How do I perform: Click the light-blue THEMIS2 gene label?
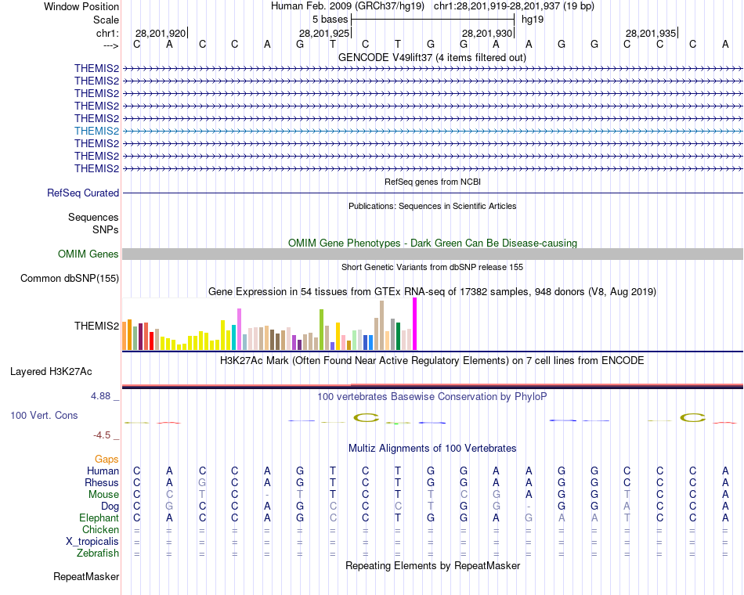click(96, 131)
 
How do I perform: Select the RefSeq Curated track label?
click(83, 193)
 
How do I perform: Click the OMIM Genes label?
click(88, 254)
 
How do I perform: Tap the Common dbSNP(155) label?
click(70, 278)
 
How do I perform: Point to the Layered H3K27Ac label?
click(51, 371)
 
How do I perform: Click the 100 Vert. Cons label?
click(44, 415)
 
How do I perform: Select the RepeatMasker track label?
click(86, 577)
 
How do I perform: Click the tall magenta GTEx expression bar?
click(414, 324)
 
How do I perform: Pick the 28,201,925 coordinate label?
click(324, 34)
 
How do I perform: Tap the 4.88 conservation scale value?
click(101, 396)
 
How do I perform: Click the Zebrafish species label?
click(99, 554)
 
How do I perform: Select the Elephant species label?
click(99, 518)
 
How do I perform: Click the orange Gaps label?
click(107, 459)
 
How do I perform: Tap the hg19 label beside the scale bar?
click(533, 19)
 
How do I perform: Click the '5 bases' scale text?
click(330, 19)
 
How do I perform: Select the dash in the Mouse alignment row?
click(267, 495)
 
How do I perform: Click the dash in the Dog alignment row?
click(529, 507)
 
